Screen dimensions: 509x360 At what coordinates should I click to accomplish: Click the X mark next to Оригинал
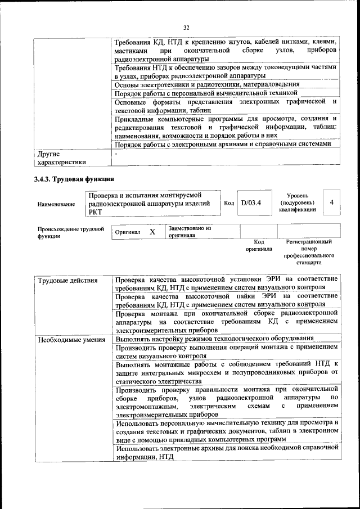point(152,232)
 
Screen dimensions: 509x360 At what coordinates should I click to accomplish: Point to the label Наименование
point(56,205)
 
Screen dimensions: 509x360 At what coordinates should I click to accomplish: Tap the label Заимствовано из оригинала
point(189,232)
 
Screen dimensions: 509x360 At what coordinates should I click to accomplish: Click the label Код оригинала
point(258,245)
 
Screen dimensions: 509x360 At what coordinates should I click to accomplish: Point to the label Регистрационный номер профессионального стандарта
point(309,251)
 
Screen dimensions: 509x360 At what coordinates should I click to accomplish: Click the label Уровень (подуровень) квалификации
point(297,202)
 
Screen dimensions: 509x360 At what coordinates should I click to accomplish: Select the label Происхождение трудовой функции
point(71,232)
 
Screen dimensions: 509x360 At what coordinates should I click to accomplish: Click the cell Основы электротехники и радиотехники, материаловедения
point(214,84)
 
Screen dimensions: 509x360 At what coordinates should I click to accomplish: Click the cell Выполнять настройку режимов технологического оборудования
point(214,339)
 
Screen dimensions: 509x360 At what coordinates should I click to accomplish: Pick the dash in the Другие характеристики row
point(116,153)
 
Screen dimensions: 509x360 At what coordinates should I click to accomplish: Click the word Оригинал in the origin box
point(128,232)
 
